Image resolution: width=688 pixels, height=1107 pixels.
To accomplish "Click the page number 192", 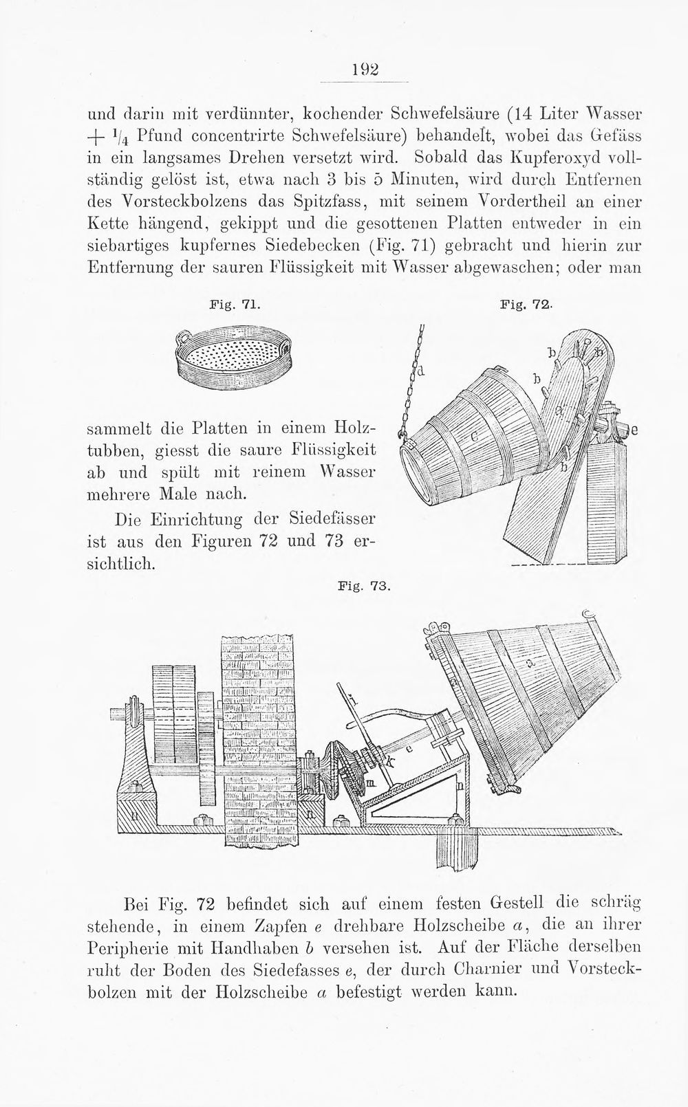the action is point(365,69).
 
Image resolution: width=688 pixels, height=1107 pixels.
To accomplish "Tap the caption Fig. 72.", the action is point(525,305).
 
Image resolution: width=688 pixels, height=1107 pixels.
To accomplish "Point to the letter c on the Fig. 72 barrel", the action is point(473,436).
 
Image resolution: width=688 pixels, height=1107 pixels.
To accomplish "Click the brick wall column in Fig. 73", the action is point(259,740).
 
